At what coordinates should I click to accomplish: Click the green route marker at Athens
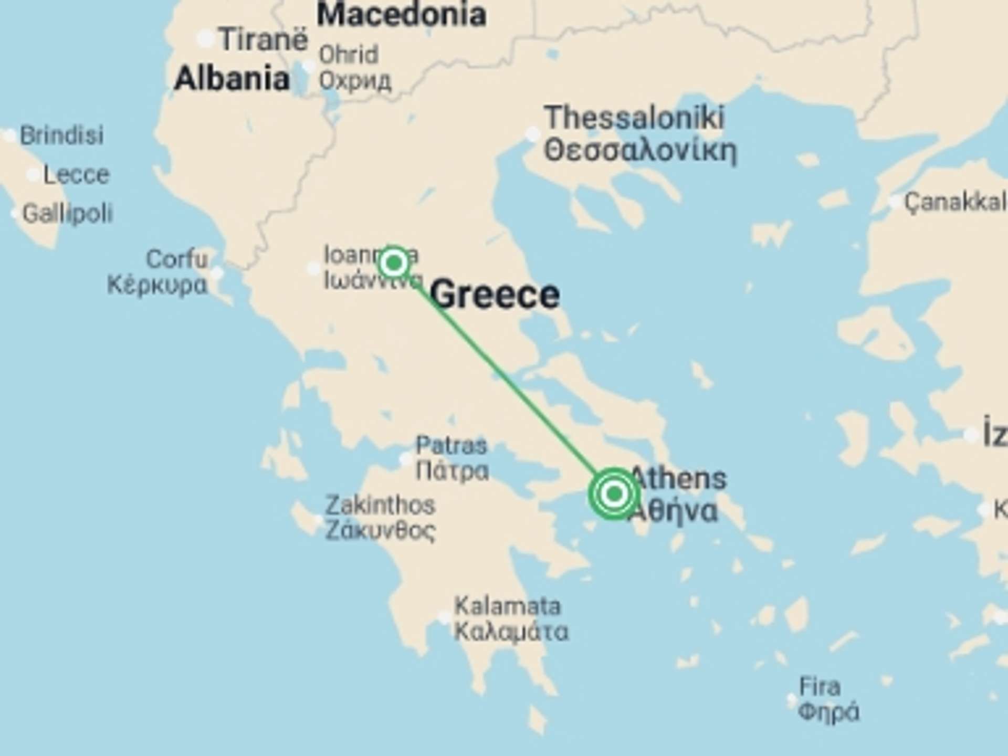614,493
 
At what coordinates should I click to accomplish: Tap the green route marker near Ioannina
394,262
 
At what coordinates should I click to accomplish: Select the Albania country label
232,79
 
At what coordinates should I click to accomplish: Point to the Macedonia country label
401,14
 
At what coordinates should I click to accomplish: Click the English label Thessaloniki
634,117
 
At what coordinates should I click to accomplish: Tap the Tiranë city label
263,39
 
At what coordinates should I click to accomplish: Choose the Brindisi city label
61,135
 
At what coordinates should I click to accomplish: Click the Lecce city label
76,174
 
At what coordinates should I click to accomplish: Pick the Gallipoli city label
68,214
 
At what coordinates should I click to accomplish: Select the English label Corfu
177,259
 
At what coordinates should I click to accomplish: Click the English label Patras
451,446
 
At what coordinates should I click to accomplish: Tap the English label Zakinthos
380,505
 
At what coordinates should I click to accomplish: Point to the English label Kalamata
507,606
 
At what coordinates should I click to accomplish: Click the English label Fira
820,687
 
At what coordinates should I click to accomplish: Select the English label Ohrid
349,55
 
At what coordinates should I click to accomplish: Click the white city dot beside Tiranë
205,38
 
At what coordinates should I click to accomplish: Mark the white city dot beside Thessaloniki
532,133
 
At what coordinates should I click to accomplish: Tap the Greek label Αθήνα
673,510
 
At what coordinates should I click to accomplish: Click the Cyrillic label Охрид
355,81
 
